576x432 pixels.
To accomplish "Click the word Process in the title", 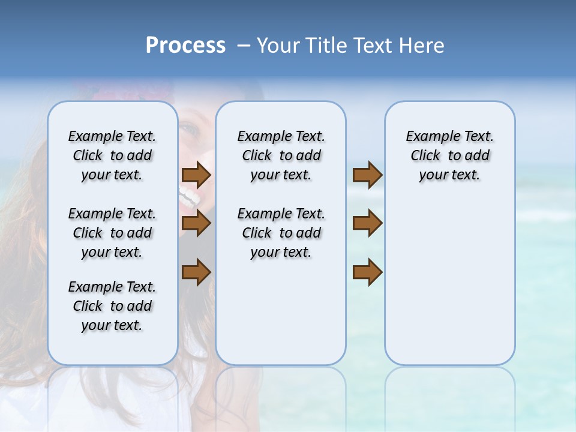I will pos(185,46).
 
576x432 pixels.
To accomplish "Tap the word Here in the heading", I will pos(422,46).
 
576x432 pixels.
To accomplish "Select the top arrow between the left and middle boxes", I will pos(196,175).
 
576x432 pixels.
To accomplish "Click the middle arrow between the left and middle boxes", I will pos(196,223).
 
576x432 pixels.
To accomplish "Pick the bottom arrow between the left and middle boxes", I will pos(196,272).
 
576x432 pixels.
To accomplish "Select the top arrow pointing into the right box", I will pos(367,175).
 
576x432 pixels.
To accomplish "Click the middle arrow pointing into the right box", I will pos(367,223).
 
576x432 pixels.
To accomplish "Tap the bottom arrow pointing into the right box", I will pos(367,272).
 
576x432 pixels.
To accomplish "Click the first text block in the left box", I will pos(112,155).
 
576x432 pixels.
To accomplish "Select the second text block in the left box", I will pos(112,233).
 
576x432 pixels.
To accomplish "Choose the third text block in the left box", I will pos(112,306).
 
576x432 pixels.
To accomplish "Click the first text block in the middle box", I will pos(281,155).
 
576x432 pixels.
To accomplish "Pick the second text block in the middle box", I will pos(281,233).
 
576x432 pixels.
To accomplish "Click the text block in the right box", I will pos(449,155).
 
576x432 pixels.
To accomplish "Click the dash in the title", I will pos(243,46).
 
